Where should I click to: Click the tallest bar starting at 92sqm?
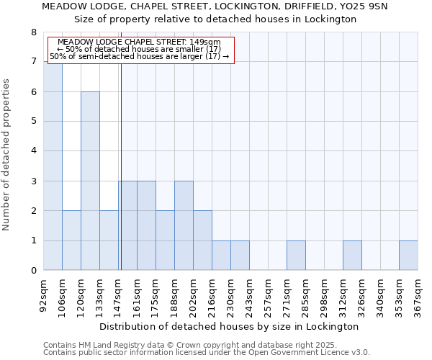click(53, 166)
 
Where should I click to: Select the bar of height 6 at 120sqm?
click(90, 181)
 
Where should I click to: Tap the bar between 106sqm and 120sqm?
click(71, 240)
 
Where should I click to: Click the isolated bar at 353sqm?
click(408, 256)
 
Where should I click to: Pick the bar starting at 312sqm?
click(352, 256)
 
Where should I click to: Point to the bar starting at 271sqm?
click(296, 256)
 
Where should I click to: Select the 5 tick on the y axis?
click(33, 122)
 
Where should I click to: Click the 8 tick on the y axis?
click(33, 32)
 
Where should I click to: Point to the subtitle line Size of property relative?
click(216, 19)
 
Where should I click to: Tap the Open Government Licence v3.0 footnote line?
click(207, 353)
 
